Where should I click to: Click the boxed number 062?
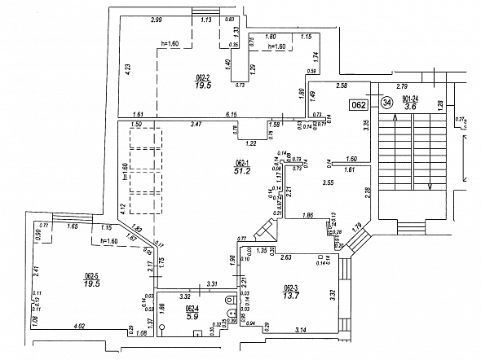pos(357,104)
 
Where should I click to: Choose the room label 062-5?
pos(90,276)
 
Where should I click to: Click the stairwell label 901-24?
pos(422,97)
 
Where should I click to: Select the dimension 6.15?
pos(231,115)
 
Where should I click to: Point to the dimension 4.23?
pos(128,69)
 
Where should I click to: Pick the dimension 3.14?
pos(301,329)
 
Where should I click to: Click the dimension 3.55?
pos(329,182)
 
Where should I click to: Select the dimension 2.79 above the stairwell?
pos(401,85)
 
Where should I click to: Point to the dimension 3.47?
pos(196,124)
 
